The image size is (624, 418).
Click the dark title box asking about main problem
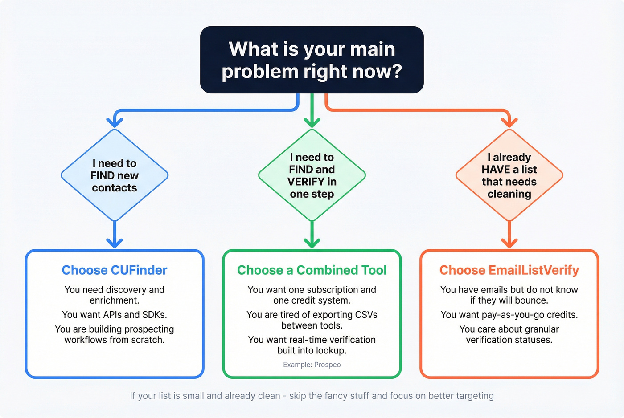pos(312,60)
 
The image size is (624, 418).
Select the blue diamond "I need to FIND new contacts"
pos(115,175)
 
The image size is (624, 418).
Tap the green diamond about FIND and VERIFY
pos(312,175)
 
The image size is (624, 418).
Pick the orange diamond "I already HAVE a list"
pos(509,175)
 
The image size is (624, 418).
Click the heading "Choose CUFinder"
pos(115,270)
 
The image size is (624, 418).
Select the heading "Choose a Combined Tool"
pos(312,270)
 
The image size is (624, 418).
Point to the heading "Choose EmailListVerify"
pos(509,270)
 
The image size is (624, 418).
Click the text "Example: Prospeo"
pos(312,365)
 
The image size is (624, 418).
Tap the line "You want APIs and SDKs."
pos(115,315)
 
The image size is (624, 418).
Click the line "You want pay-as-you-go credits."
pos(509,315)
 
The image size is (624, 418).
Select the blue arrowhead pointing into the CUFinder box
pos(115,243)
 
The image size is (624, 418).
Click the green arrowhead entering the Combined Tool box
pos(312,243)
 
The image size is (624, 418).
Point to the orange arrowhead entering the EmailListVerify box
pos(509,243)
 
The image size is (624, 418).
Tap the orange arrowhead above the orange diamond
pos(509,122)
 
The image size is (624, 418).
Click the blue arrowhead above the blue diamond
pos(115,122)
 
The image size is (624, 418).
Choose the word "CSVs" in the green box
pos(366,315)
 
